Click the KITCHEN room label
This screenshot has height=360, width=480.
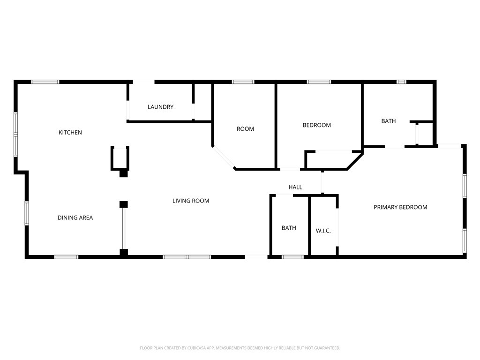(x=70, y=133)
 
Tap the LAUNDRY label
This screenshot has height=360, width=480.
(x=160, y=107)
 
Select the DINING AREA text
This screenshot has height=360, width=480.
(x=75, y=217)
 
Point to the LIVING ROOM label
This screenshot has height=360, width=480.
(x=191, y=201)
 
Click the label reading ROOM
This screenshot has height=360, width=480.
(x=245, y=129)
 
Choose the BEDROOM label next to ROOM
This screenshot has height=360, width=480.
(x=316, y=125)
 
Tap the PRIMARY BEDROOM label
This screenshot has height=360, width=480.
(x=400, y=207)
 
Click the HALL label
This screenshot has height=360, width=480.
(x=295, y=187)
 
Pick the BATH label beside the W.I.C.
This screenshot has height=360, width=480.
(x=289, y=228)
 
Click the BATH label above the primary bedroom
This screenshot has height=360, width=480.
(x=388, y=121)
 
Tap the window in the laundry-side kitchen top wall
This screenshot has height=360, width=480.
(x=45, y=82)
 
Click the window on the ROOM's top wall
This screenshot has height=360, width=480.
(x=243, y=82)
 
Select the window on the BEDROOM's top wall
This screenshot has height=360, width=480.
(x=319, y=82)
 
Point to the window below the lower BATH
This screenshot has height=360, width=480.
(x=293, y=257)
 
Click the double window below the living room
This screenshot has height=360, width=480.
(x=187, y=257)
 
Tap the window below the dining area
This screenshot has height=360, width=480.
(x=66, y=257)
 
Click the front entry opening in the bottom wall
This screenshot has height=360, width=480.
(x=256, y=256)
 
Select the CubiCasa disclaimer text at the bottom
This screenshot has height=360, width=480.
(x=240, y=348)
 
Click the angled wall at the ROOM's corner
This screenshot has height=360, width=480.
(x=224, y=158)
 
